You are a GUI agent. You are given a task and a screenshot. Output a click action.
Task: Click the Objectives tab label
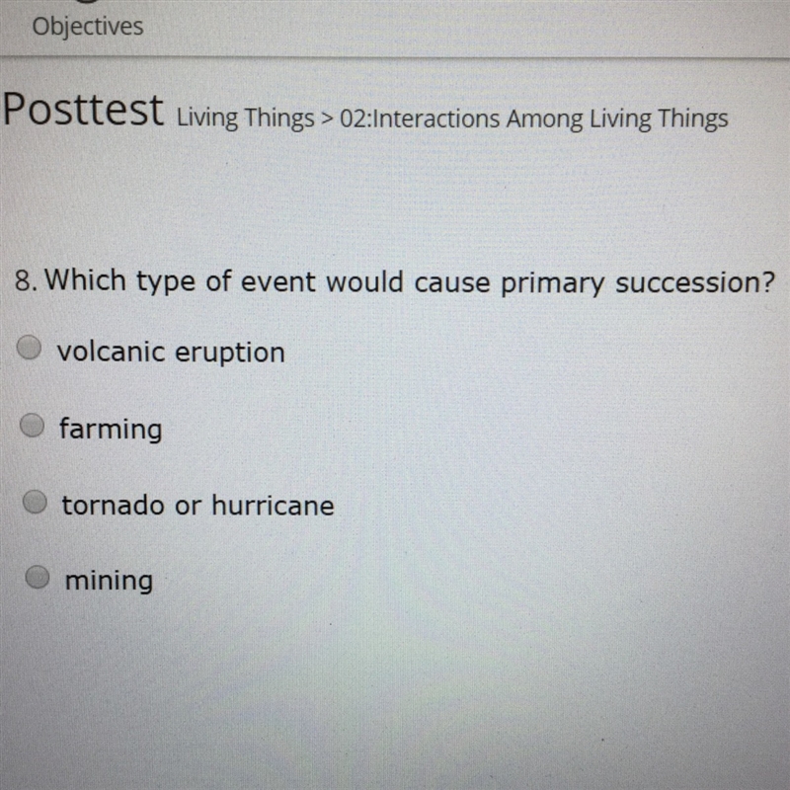88,27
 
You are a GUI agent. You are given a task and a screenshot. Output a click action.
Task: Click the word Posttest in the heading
84,110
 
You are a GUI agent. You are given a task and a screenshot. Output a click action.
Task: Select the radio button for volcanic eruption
29,348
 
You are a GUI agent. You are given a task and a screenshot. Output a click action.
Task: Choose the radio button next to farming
33,426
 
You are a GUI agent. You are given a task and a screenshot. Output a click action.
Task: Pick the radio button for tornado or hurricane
35,502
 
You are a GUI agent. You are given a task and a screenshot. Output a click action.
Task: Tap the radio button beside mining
38,577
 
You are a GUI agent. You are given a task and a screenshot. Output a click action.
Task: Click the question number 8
26,280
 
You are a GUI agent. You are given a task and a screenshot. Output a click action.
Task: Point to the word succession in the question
694,282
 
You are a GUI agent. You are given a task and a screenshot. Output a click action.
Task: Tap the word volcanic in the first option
111,352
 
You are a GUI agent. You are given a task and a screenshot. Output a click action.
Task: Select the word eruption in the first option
230,354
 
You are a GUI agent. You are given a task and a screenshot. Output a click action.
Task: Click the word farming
111,430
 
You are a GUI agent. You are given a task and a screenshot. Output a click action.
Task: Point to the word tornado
114,505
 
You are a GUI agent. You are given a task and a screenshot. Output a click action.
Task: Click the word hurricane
274,505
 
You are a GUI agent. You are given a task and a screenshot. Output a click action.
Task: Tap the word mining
109,582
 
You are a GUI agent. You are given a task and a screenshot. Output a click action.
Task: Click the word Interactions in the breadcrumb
437,119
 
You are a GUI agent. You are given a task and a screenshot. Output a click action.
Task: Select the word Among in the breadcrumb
545,120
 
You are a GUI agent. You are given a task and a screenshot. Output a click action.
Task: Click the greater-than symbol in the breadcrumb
328,119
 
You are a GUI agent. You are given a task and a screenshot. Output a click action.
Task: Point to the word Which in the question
86,279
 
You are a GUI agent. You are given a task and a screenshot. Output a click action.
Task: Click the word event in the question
278,282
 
